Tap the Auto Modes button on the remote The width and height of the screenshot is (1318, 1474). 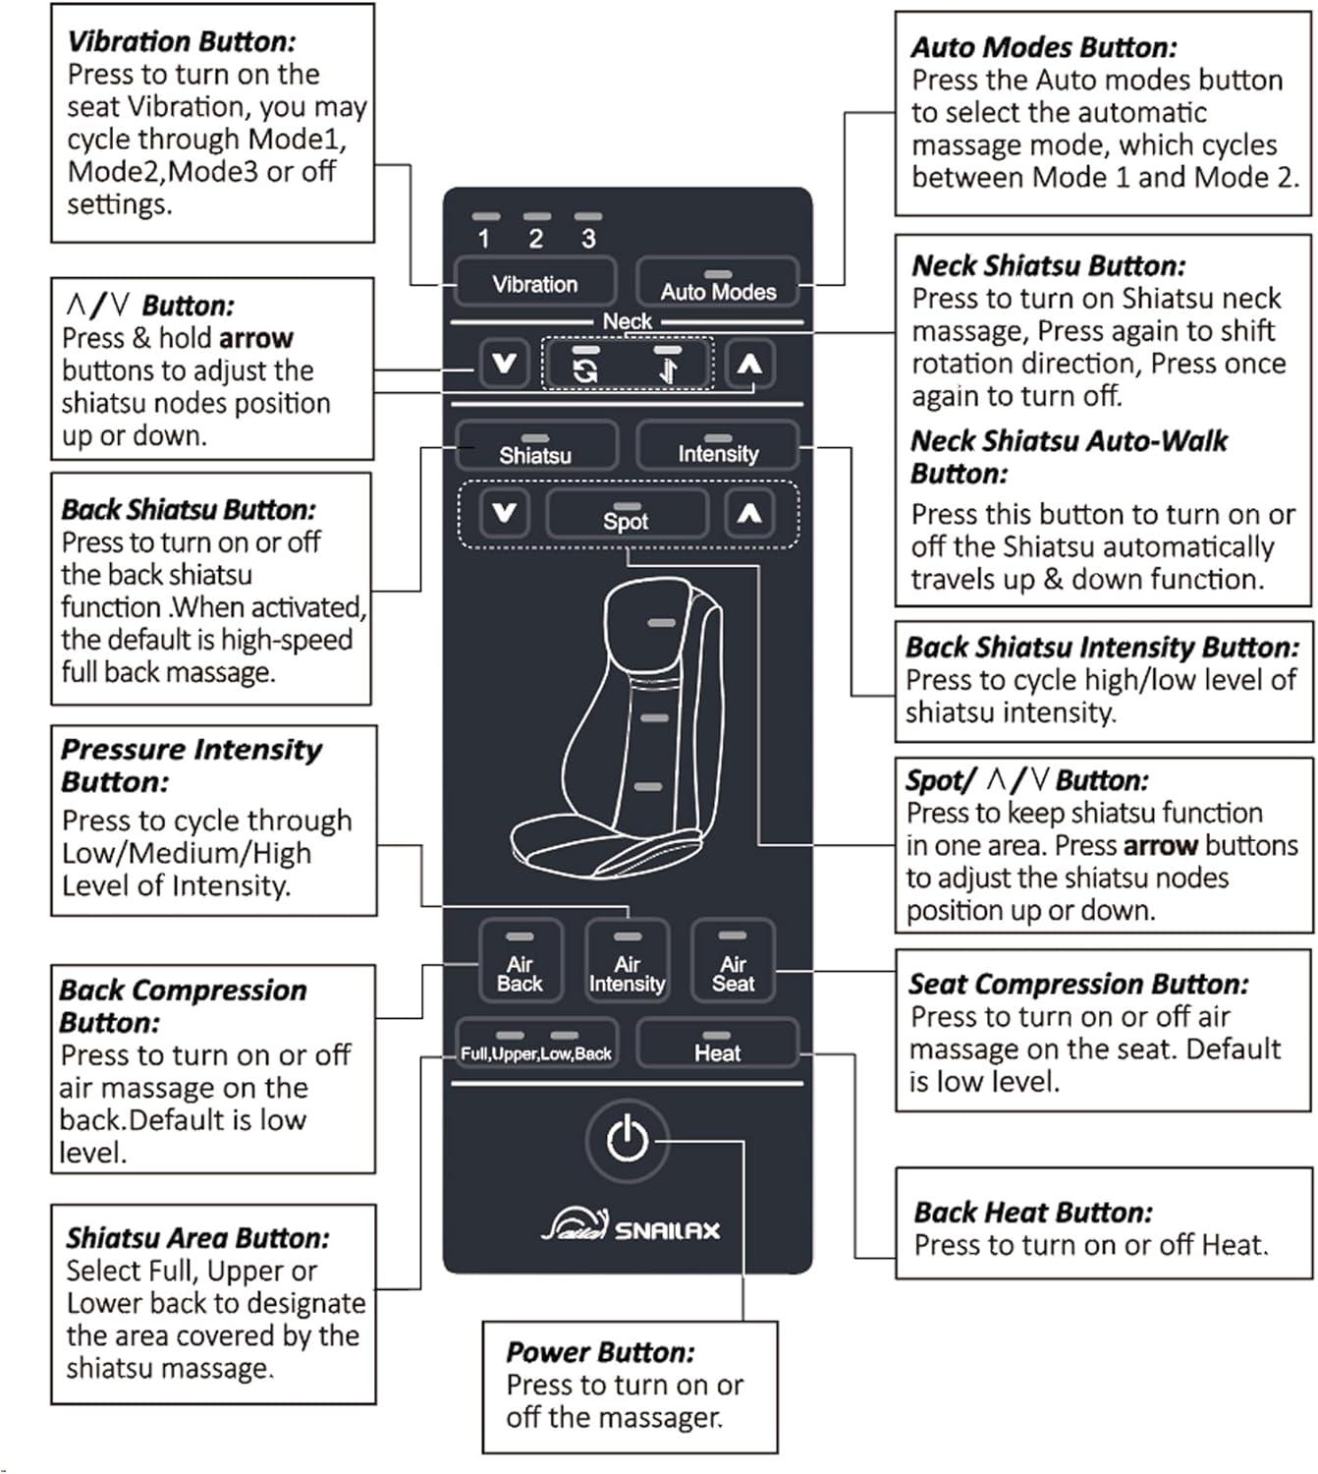[x=717, y=283]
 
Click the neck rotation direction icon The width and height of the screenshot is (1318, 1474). [x=585, y=368]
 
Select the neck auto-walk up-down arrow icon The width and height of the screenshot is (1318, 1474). [x=668, y=368]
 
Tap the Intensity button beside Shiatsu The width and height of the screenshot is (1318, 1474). [x=717, y=447]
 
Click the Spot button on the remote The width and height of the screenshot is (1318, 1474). [x=626, y=515]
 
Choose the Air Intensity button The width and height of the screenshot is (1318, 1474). [x=627, y=961]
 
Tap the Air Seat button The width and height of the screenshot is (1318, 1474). [x=733, y=961]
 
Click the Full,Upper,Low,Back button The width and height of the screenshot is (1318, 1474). [x=535, y=1046]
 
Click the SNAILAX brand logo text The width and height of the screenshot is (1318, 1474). [x=667, y=1229]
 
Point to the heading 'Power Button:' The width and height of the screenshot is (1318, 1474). [x=600, y=1352]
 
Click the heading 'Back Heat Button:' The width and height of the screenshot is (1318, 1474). [x=1033, y=1212]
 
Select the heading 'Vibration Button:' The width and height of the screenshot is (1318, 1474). [x=181, y=41]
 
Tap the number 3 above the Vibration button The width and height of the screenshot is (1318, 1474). [x=588, y=238]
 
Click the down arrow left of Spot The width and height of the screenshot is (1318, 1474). [x=505, y=513]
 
